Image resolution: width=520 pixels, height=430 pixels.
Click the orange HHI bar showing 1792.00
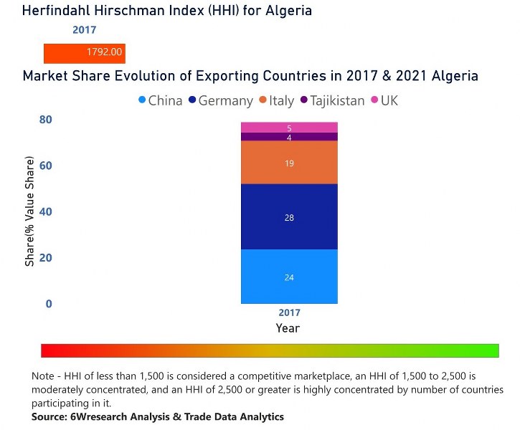[x=84, y=53]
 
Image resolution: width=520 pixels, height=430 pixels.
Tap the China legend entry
[x=160, y=101]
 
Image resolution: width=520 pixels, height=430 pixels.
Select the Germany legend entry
[x=220, y=101]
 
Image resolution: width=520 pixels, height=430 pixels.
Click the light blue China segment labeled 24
[x=289, y=277]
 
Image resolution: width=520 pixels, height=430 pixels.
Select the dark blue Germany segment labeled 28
[x=289, y=217]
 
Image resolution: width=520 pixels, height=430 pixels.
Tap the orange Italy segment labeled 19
[x=289, y=163]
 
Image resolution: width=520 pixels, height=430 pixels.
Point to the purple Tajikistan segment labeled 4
[x=289, y=137]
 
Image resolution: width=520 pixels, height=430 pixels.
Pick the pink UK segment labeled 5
[x=289, y=128]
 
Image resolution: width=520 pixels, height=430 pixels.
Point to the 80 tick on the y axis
[x=46, y=120]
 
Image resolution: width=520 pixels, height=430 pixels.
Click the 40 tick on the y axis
[x=46, y=212]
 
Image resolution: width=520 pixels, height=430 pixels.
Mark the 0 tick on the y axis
[x=49, y=304]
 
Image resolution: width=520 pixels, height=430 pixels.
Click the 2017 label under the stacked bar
[x=289, y=313]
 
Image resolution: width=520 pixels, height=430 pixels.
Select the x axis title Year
[x=288, y=328]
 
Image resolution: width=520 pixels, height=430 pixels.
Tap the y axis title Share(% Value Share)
[x=30, y=214]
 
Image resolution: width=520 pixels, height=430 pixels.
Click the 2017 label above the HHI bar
[x=84, y=31]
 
